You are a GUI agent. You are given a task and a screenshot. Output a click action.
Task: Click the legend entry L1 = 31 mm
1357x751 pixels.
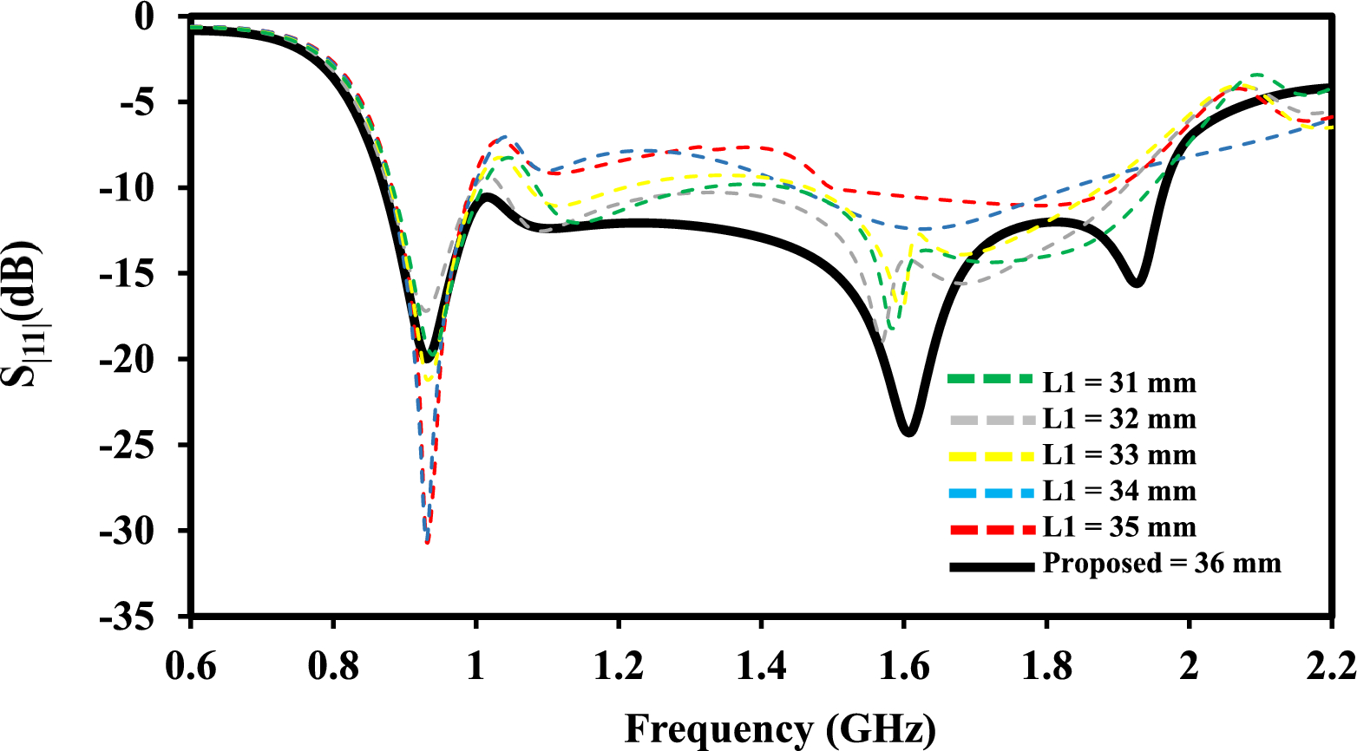point(1119,382)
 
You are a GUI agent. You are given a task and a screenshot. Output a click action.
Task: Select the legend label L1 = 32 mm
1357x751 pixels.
point(1119,419)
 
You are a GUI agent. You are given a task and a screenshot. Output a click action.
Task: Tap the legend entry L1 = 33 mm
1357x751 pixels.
point(1119,455)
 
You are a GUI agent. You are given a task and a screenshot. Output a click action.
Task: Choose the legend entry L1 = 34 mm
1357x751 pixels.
point(1119,491)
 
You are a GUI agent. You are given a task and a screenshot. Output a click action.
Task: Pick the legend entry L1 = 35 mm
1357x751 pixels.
point(1119,527)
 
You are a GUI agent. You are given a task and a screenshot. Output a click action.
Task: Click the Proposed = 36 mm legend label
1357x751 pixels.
point(1162,564)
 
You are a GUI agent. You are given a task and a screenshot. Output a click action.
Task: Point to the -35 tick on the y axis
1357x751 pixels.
point(139,617)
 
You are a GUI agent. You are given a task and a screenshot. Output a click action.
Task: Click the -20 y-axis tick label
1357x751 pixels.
point(139,360)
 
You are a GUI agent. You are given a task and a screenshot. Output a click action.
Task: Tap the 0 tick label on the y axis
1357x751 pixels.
point(155,16)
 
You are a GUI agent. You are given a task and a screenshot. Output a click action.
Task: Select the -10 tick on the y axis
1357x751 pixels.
point(139,188)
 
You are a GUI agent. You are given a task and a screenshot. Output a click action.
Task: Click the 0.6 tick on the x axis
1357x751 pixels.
point(190,668)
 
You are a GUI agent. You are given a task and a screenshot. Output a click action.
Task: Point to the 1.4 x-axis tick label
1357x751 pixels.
point(761,668)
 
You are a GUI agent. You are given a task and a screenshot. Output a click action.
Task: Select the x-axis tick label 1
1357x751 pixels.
point(475,668)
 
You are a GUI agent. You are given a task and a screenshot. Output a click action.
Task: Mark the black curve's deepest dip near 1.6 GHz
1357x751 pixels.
point(908,431)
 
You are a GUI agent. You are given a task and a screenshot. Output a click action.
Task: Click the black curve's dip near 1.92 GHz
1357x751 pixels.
point(1137,283)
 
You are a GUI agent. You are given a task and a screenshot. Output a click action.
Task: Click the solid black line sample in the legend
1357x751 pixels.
point(993,566)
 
